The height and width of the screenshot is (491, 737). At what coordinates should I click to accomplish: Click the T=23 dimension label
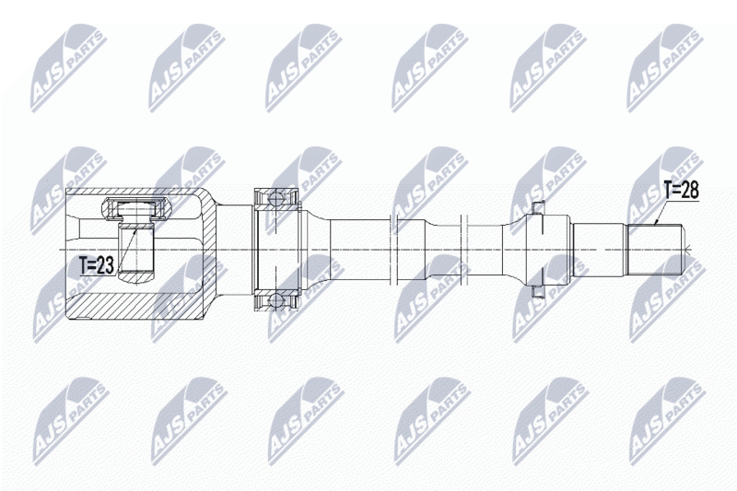97,266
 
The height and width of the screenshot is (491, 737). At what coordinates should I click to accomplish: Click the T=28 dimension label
681,191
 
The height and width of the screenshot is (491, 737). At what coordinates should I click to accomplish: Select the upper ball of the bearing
275,198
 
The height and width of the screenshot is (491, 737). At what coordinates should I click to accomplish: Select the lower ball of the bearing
275,300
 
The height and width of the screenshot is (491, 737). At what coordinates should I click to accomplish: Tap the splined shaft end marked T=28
655,249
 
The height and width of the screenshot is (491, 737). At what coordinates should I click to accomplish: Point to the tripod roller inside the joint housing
135,209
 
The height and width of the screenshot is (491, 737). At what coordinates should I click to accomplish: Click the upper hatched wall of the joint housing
136,193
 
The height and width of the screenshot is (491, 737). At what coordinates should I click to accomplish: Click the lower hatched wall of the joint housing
136,307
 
